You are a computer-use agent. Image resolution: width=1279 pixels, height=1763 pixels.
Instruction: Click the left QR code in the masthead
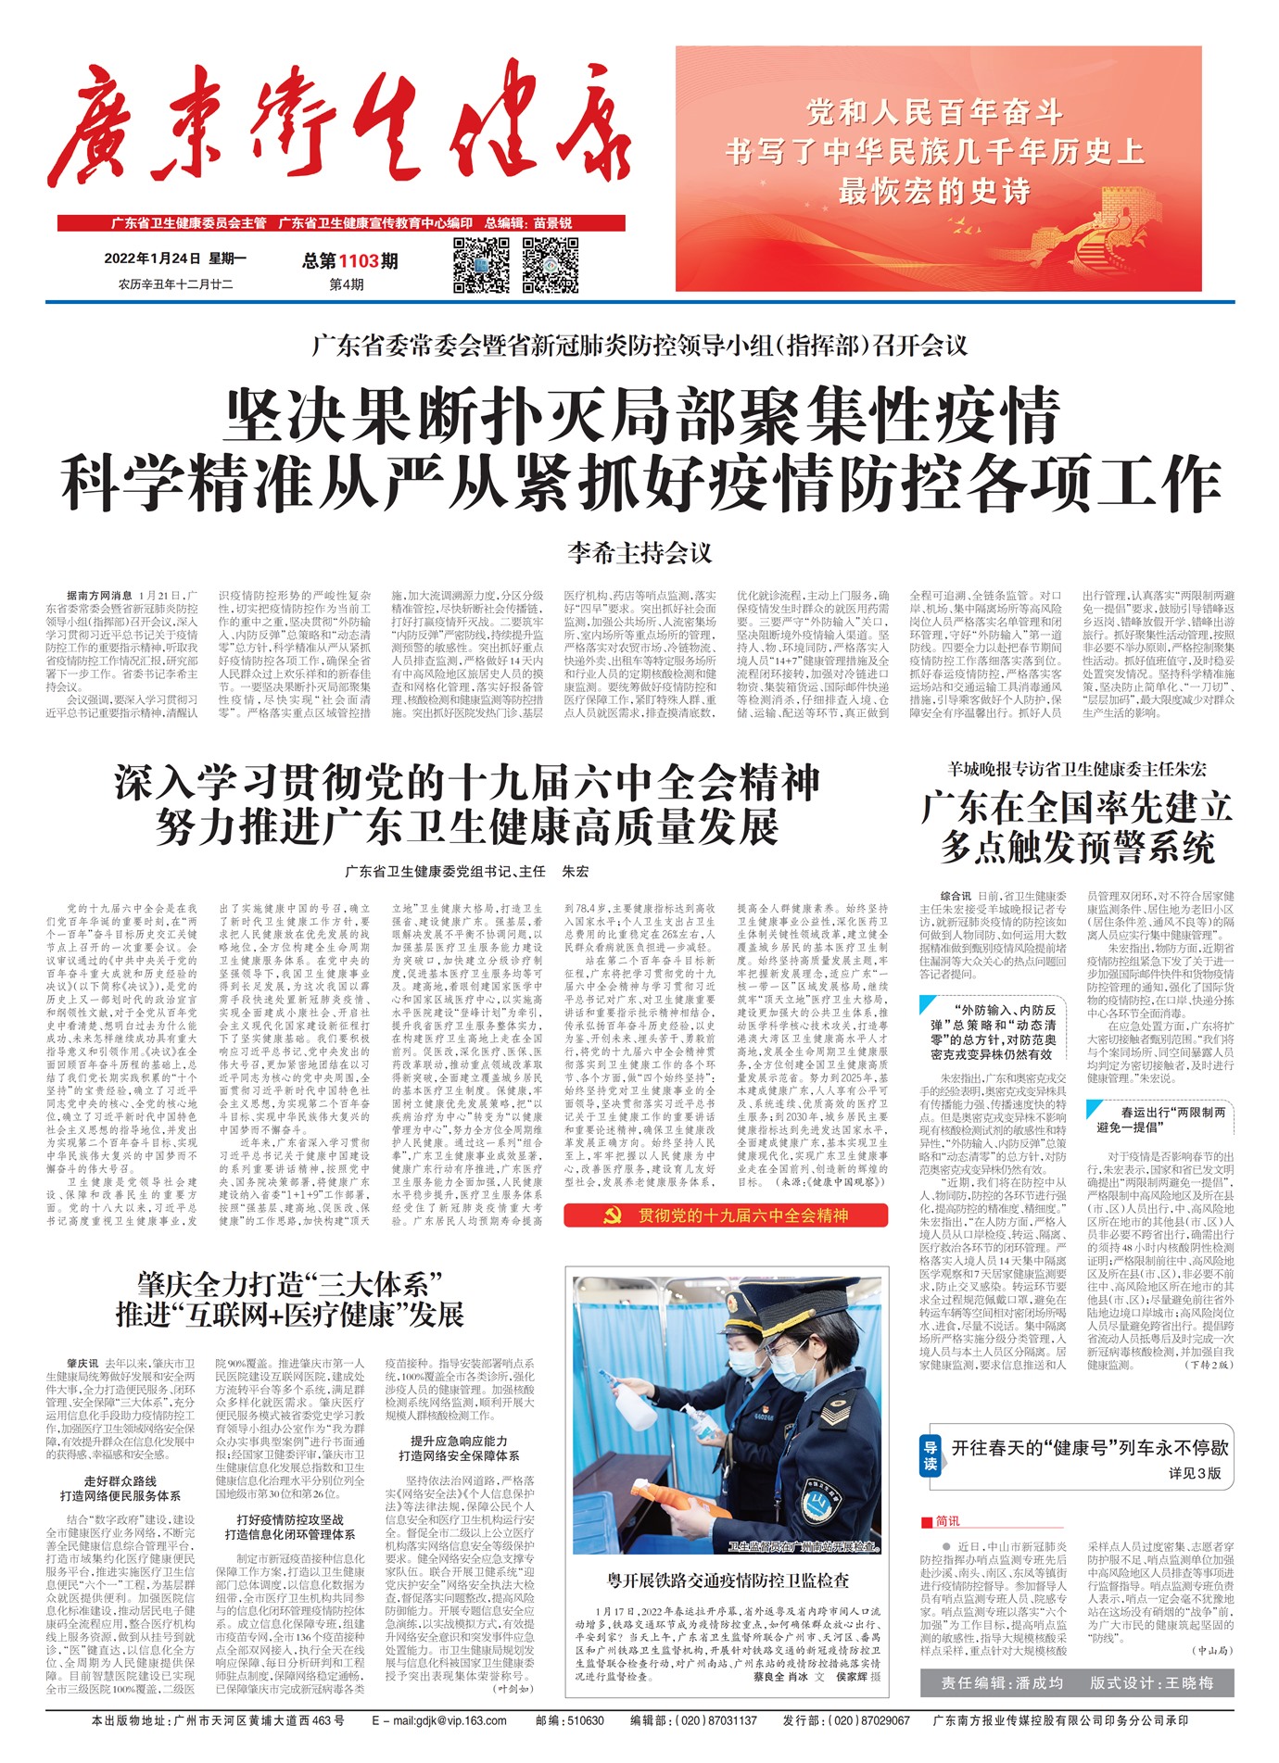coord(481,265)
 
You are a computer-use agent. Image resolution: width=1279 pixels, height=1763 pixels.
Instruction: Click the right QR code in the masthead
coord(551,265)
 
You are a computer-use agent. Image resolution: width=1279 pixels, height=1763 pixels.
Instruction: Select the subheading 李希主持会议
coord(639,553)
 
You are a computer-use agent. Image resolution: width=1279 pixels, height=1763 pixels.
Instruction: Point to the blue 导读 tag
coord(931,1456)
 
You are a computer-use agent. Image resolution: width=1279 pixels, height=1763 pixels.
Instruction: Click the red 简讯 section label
coord(942,1521)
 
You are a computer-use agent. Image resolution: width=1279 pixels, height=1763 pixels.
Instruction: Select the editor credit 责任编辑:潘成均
coord(1002,1682)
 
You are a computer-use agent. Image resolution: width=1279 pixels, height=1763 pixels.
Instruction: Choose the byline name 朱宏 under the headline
coord(576,872)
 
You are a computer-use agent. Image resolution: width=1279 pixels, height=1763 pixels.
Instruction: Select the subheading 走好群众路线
coord(120,1481)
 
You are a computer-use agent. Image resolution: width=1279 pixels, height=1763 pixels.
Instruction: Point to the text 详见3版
coord(1195,1473)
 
